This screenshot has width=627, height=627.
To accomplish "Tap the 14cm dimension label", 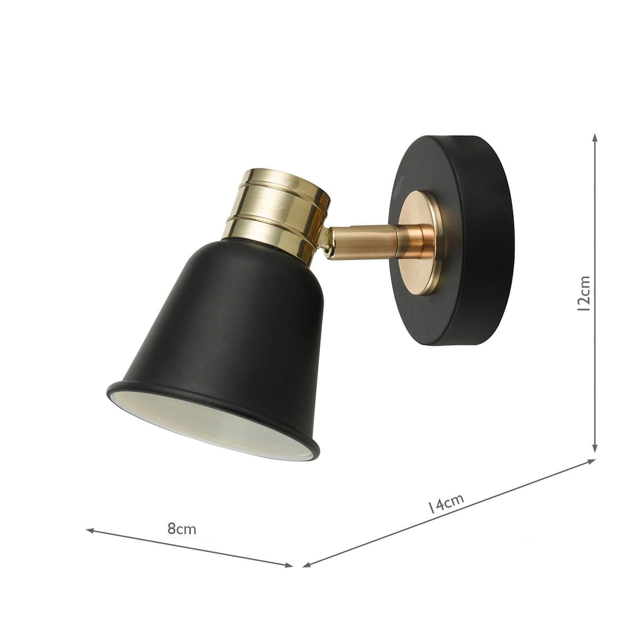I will pos(446,505).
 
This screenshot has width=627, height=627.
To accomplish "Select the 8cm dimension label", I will pos(182,529).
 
